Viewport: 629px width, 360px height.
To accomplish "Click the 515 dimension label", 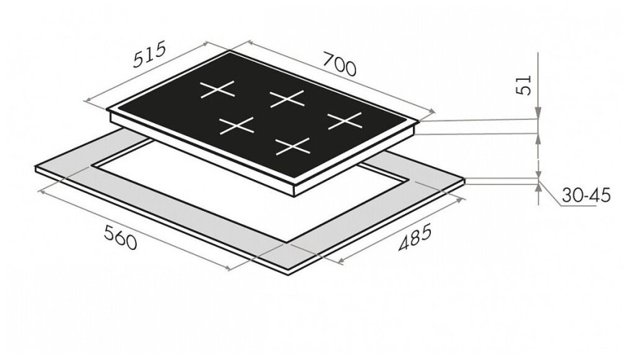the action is click(x=149, y=55).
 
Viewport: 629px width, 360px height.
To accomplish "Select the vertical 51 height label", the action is click(x=523, y=86).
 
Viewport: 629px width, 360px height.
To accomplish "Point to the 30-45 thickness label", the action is click(x=586, y=196).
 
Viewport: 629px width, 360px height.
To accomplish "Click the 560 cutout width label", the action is click(x=120, y=238).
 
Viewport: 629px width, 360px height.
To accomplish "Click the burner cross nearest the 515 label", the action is click(x=217, y=89).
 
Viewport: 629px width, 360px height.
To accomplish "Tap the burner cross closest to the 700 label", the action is click(x=287, y=99).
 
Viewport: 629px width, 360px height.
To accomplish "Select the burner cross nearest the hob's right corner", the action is click(x=345, y=121).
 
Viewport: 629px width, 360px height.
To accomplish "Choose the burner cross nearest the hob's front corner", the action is click(x=293, y=146).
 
